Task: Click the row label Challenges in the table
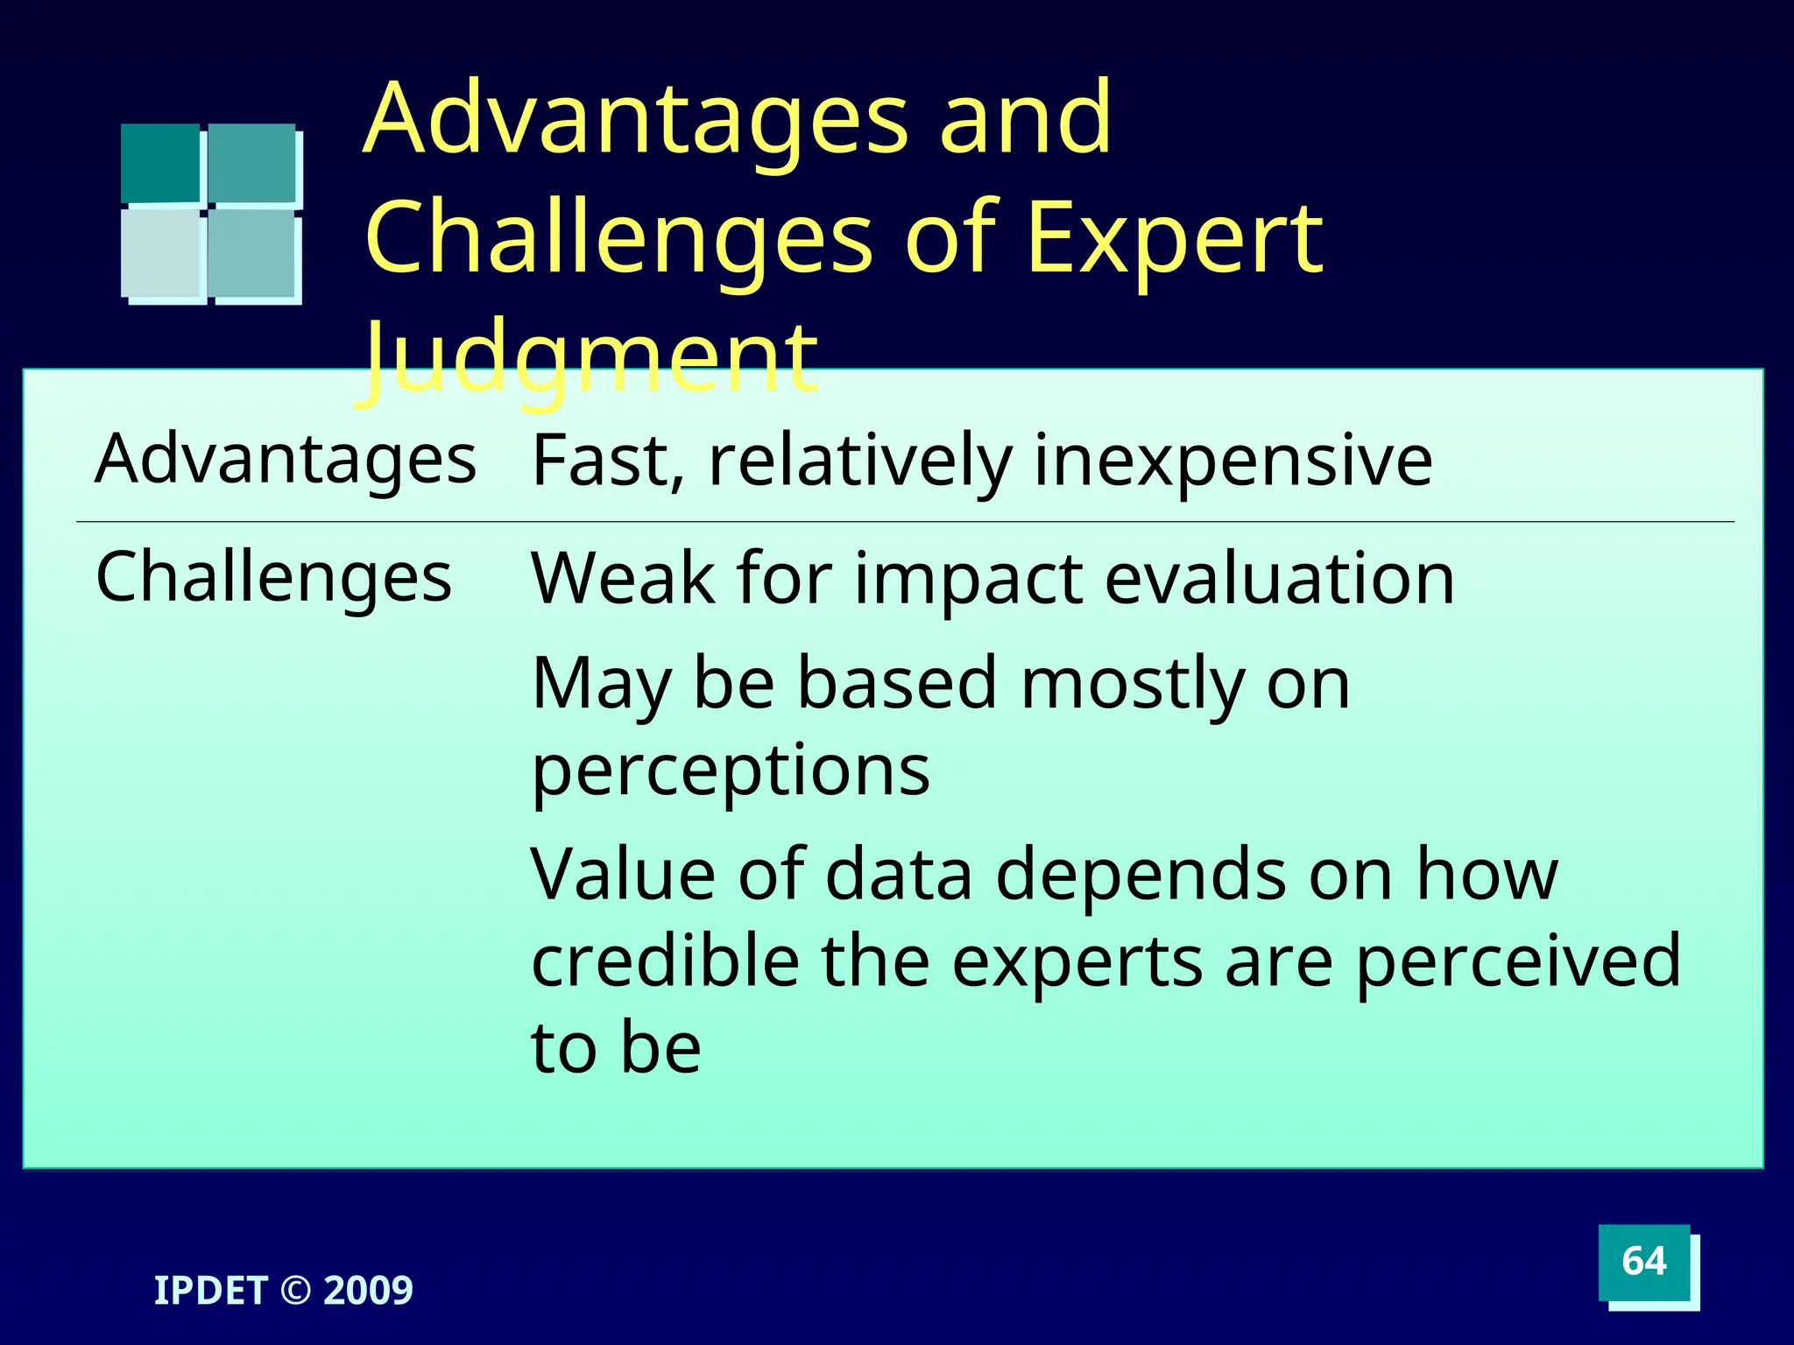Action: pos(273,577)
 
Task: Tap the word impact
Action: pos(968,580)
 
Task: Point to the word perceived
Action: pos(1518,962)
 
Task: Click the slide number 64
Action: pos(1643,1262)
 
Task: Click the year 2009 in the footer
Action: pos(368,1291)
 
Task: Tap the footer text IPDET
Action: pos(210,1291)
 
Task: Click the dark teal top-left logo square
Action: pos(160,163)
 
